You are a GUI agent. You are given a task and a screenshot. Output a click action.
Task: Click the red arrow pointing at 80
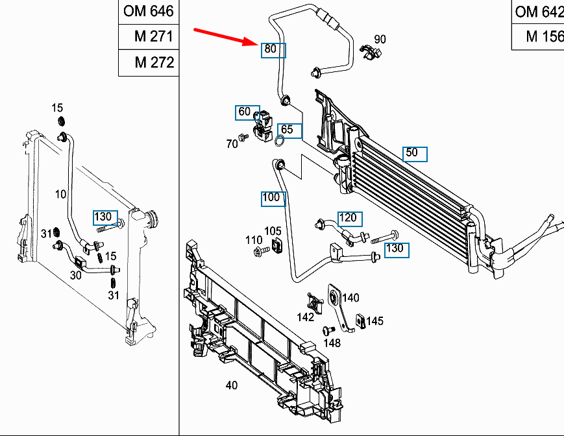226,37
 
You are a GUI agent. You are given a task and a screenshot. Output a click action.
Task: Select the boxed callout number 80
273,51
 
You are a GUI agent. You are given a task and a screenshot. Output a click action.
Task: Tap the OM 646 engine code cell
149,12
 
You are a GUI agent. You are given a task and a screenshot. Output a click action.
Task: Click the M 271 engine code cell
149,37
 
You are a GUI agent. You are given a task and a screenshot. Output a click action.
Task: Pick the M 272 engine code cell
149,62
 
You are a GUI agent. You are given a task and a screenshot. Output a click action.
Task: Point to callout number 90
380,39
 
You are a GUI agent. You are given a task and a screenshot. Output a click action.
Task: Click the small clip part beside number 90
371,53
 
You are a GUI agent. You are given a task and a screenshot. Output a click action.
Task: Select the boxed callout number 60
247,112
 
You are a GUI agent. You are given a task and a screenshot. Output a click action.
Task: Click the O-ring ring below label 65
280,141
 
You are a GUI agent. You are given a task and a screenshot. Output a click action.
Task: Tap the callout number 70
232,144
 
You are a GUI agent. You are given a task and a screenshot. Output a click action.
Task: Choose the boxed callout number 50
415,154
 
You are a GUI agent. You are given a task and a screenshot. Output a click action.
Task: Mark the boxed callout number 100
273,199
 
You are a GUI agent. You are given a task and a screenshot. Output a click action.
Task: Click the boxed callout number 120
350,219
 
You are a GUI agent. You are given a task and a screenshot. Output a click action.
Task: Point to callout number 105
273,231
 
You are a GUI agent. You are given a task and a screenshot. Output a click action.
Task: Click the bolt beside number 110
262,250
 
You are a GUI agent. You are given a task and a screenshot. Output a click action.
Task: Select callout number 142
305,317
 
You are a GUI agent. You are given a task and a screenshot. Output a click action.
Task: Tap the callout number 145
374,321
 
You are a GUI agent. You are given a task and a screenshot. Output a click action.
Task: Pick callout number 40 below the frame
231,385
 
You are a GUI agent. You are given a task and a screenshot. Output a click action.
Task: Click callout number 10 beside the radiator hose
60,195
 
